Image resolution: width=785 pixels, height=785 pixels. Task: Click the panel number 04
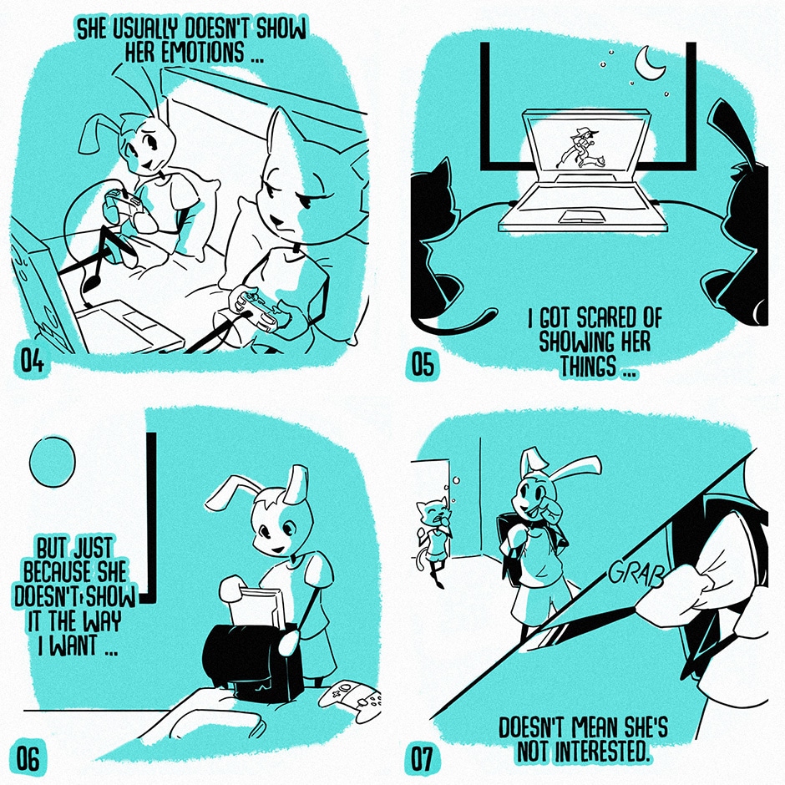[x=32, y=361]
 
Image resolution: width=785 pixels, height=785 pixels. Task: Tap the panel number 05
[x=422, y=364]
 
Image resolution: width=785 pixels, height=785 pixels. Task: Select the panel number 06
[x=28, y=759]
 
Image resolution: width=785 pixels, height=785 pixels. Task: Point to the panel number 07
[x=422, y=759]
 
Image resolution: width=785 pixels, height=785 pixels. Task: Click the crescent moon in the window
[x=647, y=63]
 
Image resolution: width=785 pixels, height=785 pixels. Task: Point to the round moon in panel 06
[x=52, y=461]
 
